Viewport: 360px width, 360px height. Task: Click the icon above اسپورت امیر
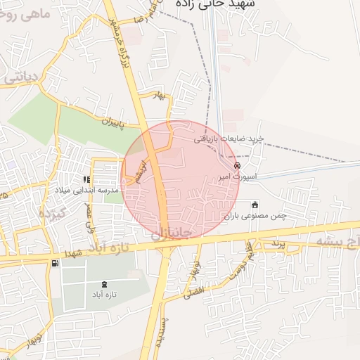tap(237, 165)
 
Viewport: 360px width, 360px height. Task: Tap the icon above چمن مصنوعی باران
tap(255, 204)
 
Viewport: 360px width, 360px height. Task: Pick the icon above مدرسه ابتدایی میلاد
tap(87, 179)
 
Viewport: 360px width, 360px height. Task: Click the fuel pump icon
tap(55, 263)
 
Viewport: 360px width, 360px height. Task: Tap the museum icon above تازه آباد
tap(104, 283)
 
